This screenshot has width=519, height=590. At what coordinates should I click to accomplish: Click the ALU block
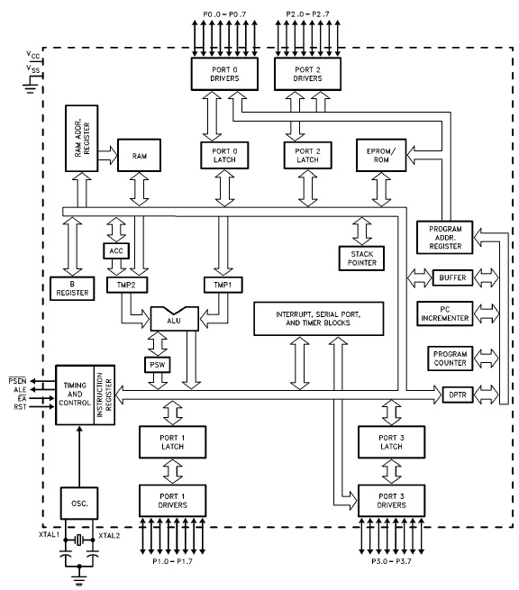(174, 319)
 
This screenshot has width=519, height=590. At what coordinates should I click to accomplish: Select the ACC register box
(116, 250)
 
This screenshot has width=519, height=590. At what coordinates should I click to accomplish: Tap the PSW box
(158, 365)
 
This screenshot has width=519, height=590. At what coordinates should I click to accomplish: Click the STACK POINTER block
(361, 259)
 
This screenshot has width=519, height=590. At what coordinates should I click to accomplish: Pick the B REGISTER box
(72, 288)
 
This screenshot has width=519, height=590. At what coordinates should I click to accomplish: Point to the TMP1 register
(223, 285)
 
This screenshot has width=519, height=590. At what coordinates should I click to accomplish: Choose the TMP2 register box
(126, 285)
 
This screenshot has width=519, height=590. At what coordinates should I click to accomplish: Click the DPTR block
(457, 395)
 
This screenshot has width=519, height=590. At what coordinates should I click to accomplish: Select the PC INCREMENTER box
(445, 313)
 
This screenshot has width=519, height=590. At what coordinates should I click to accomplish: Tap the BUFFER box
(452, 277)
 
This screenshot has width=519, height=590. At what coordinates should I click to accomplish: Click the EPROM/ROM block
(381, 155)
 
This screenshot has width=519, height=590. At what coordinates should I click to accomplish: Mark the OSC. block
(79, 504)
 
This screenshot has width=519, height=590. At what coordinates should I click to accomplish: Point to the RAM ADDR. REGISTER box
(82, 139)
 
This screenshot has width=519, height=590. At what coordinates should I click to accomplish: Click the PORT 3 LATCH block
(391, 442)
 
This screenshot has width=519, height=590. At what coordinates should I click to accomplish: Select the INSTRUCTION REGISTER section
(105, 395)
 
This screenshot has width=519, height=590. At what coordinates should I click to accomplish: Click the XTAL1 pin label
(50, 535)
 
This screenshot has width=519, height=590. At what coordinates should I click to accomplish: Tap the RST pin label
(20, 407)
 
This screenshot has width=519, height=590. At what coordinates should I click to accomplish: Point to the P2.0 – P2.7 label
(307, 14)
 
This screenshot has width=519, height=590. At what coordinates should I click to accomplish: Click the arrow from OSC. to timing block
(79, 457)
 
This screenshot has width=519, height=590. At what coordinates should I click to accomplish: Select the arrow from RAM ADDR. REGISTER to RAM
(108, 155)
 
